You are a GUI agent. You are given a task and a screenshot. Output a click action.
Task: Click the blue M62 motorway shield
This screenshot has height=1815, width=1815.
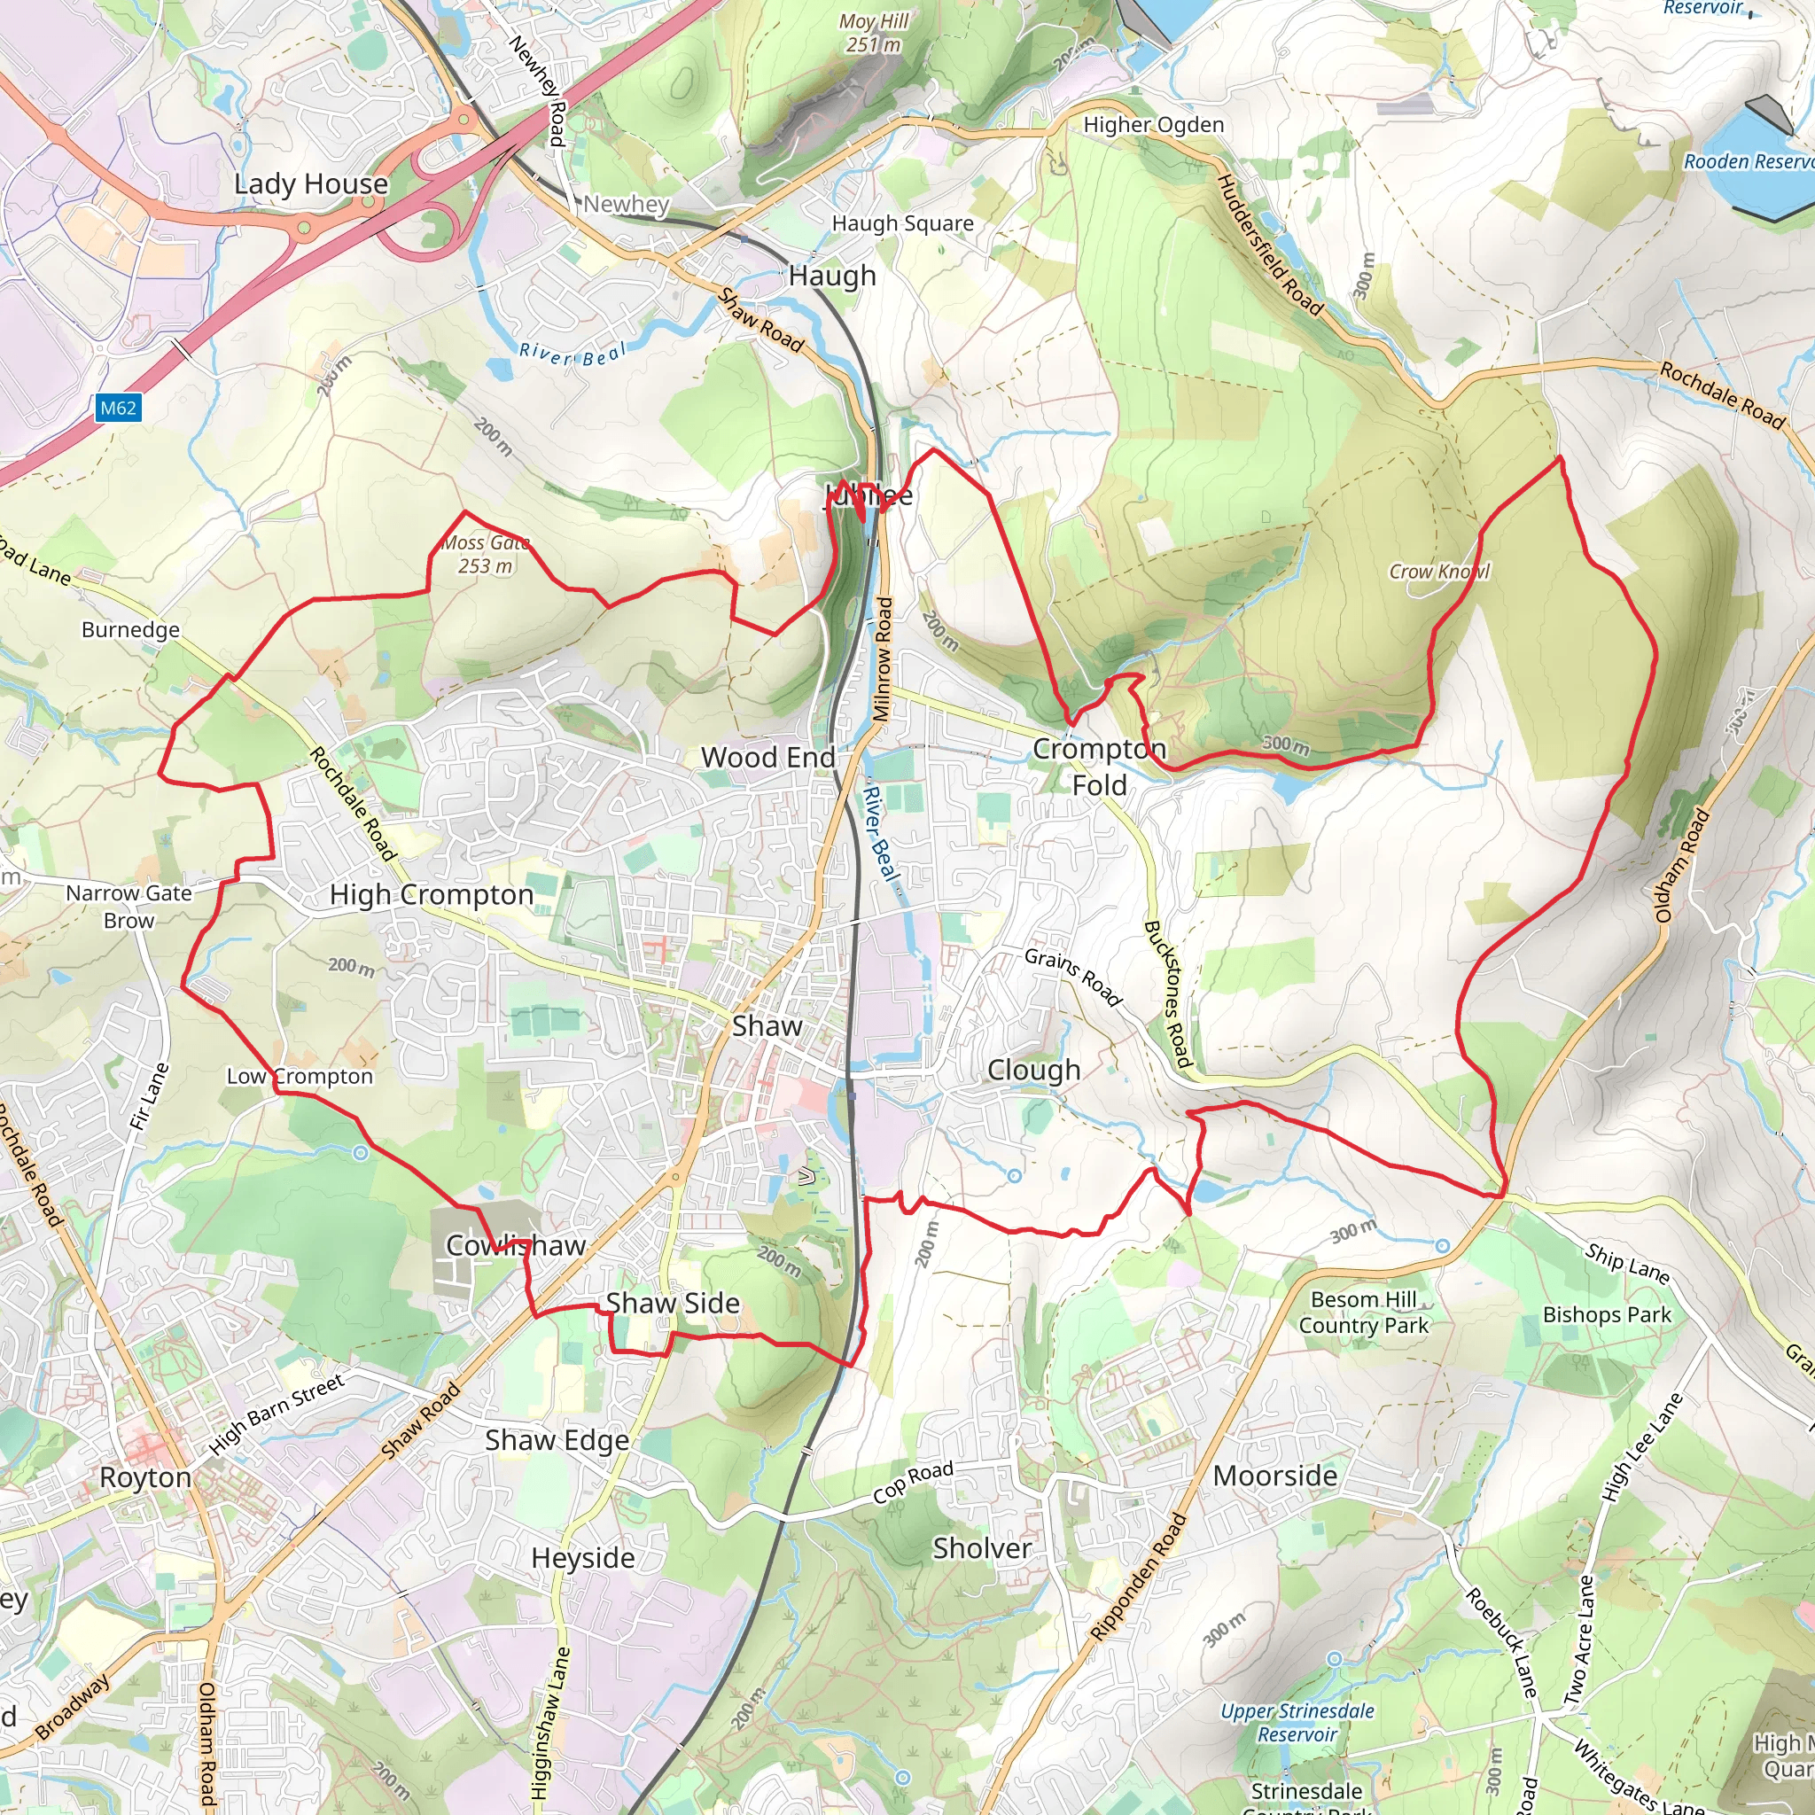point(119,408)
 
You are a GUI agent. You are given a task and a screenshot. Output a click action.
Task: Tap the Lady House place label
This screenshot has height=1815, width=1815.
point(311,184)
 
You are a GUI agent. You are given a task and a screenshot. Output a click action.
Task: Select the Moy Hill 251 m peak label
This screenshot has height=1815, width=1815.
point(874,33)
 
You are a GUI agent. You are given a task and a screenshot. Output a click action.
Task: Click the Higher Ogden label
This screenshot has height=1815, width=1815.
point(1154,125)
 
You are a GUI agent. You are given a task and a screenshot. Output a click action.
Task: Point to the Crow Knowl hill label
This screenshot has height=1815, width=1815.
point(1438,572)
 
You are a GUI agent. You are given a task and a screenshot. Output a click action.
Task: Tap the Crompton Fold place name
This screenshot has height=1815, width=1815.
point(1099,767)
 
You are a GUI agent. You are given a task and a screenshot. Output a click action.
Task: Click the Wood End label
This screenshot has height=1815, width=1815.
point(767,757)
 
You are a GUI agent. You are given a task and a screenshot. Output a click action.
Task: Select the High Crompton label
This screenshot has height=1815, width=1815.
point(432,894)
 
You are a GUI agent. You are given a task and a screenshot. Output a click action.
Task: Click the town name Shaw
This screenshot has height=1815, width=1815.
point(767,1026)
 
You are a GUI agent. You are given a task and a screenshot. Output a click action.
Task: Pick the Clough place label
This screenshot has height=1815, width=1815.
point(1033,1070)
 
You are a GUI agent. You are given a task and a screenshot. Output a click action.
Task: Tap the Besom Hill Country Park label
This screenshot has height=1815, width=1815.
point(1363,1313)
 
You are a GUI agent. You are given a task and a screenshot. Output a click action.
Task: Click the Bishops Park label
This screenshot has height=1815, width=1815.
point(1607,1315)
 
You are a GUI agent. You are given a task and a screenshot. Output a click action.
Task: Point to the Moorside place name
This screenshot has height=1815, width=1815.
point(1274,1476)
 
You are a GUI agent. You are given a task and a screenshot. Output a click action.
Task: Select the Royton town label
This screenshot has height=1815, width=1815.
point(145,1477)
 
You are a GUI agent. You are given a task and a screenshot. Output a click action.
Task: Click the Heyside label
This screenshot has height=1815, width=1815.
point(582,1558)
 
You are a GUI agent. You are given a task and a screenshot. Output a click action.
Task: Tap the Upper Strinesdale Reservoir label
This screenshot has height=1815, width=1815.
point(1297,1723)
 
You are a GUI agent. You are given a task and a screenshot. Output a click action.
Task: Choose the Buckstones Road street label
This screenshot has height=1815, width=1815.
point(1168,994)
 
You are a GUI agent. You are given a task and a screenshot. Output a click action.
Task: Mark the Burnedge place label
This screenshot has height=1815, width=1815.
point(130,629)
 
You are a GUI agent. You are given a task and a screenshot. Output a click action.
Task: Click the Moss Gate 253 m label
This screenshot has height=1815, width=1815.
point(486,554)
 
